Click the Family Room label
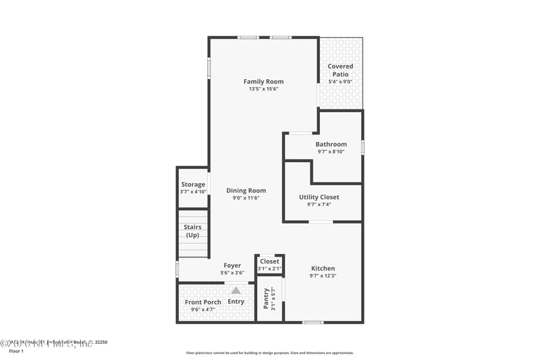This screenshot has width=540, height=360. (x=263, y=82)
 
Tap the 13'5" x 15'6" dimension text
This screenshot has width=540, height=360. (x=263, y=89)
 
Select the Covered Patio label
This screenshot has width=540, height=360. (x=340, y=70)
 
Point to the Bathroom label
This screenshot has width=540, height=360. (x=331, y=144)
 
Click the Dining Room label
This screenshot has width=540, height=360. (x=246, y=190)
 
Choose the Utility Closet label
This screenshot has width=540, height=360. (x=319, y=197)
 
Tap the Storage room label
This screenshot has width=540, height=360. (x=193, y=184)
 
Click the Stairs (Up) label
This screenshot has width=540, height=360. (x=192, y=231)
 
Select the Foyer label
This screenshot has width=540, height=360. (x=232, y=265)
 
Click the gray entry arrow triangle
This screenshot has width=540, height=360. (x=236, y=290)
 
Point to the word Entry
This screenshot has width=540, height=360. (x=236, y=301)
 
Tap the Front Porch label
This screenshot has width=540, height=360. (x=203, y=302)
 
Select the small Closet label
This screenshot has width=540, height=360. (x=269, y=261)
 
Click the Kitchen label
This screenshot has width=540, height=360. (x=323, y=268)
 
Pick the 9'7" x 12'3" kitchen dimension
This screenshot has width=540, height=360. (x=323, y=276)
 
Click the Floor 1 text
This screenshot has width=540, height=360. (x=16, y=351)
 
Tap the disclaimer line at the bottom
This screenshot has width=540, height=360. (x=269, y=353)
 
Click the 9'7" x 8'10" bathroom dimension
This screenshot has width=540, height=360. (x=331, y=151)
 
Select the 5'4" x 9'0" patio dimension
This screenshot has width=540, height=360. (x=340, y=82)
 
